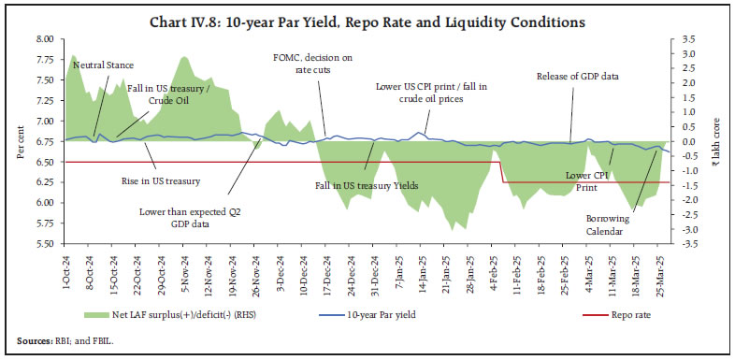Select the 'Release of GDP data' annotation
pyautogui.click(x=580, y=76)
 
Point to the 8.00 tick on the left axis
pyautogui.click(x=43, y=39)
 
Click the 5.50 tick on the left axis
pyautogui.click(x=43, y=244)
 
